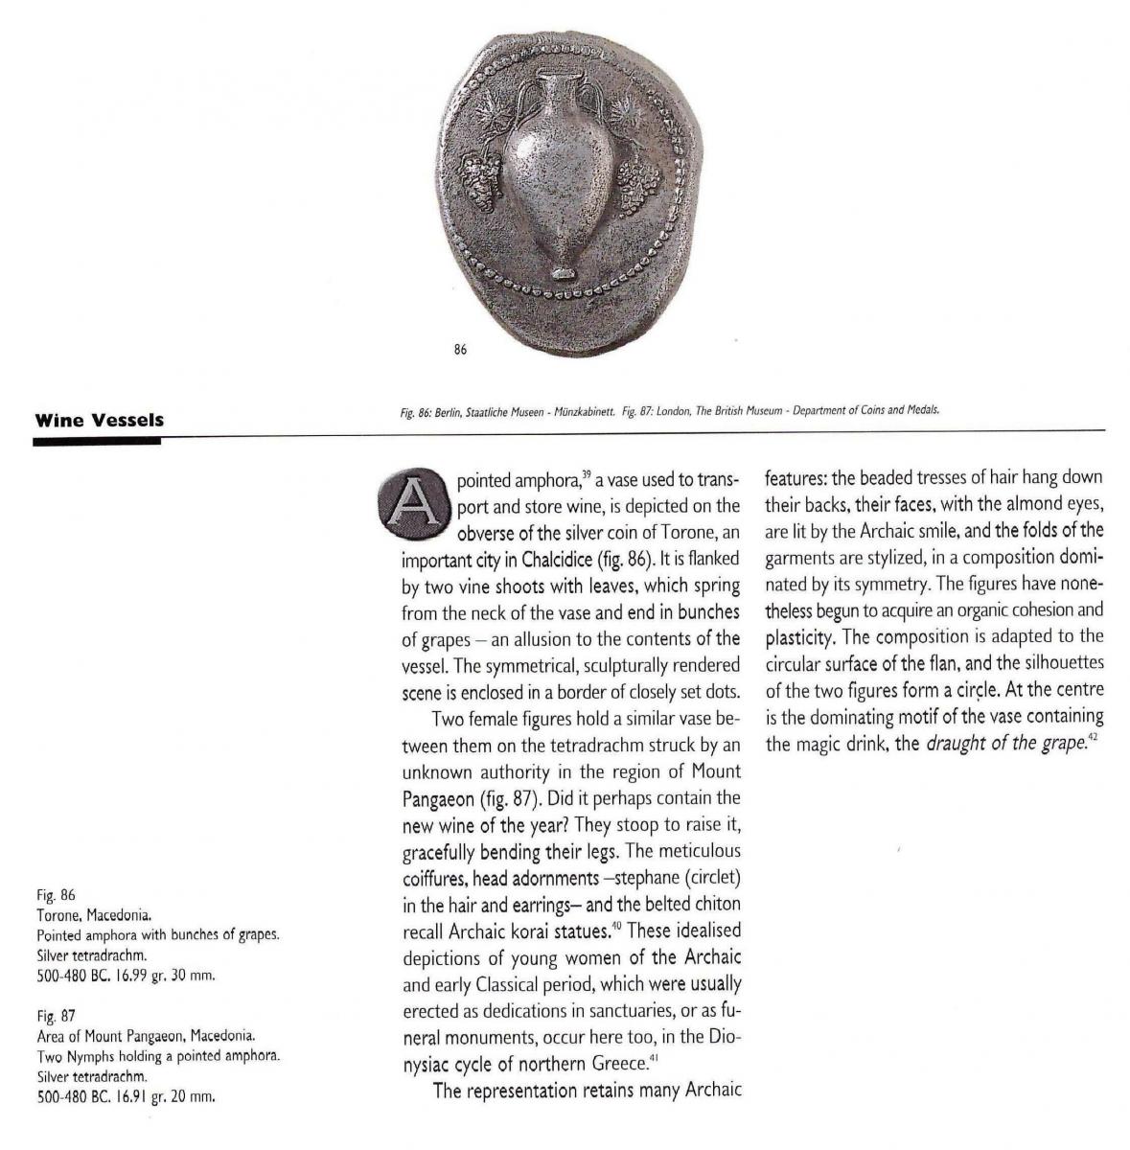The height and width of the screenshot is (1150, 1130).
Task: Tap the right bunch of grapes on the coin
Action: tap(634, 179)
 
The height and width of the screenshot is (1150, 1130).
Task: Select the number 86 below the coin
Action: tap(460, 351)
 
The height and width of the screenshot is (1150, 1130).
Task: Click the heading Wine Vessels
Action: tap(99, 420)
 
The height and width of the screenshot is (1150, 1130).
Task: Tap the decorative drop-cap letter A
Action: tap(409, 502)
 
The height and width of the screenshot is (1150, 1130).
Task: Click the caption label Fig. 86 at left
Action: tap(56, 896)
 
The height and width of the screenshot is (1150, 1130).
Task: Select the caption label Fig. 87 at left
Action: tap(56, 1015)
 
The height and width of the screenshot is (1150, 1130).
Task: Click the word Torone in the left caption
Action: tap(58, 915)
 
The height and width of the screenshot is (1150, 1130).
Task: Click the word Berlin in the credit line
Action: tap(449, 411)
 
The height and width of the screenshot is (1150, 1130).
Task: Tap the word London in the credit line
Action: tap(674, 411)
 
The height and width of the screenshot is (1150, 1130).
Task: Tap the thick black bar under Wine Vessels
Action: tap(97, 441)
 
